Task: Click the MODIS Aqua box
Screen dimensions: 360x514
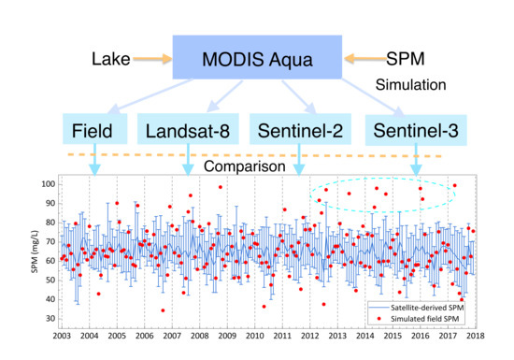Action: click(x=258, y=61)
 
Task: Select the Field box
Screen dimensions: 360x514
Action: click(x=93, y=130)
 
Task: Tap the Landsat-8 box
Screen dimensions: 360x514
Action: click(x=192, y=130)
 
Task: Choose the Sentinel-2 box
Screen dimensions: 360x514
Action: click(x=300, y=130)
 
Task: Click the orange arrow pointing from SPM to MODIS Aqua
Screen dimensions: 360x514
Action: click(x=364, y=60)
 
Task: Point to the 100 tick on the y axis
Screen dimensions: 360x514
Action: click(x=45, y=183)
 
